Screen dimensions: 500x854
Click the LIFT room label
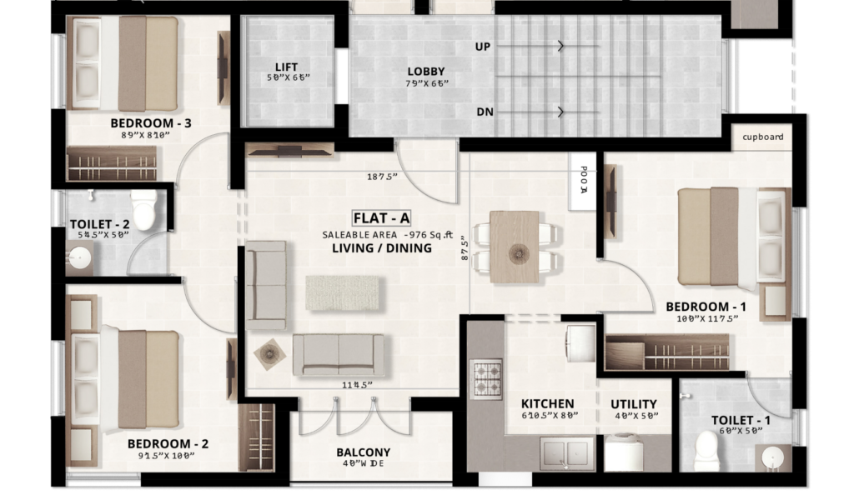(x=286, y=67)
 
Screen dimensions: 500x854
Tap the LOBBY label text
(x=426, y=72)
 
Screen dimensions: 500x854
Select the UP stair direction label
(x=483, y=47)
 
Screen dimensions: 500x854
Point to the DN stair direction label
(x=484, y=112)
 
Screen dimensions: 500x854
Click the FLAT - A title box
(x=382, y=218)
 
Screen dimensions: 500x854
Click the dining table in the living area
(x=515, y=247)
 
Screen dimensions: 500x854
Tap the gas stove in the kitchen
(x=486, y=379)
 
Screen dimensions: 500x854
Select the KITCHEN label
(x=548, y=404)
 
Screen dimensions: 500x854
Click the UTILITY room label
(x=634, y=404)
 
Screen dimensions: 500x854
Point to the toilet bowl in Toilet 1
(x=706, y=449)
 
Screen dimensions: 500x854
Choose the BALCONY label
(x=364, y=452)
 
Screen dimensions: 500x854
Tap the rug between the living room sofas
(x=343, y=292)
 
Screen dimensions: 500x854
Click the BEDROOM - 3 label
(x=151, y=123)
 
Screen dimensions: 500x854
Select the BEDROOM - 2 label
(x=168, y=443)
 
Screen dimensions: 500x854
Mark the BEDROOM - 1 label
(x=706, y=307)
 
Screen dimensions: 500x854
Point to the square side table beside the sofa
(x=269, y=354)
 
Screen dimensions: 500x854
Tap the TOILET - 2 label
(x=100, y=223)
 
